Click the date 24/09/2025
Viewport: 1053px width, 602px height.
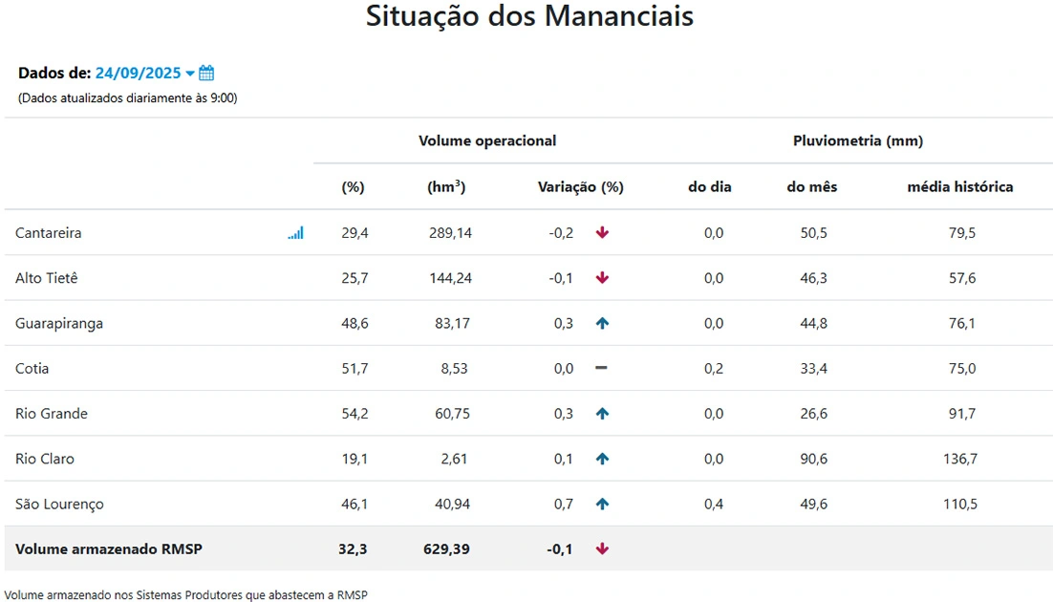(x=138, y=74)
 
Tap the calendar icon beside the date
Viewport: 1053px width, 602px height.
(x=206, y=74)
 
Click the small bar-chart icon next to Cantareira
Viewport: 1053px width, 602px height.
(x=295, y=233)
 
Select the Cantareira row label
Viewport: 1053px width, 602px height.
(x=49, y=233)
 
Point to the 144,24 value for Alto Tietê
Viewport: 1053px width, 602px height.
(x=450, y=278)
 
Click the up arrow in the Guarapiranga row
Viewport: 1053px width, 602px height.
(x=602, y=324)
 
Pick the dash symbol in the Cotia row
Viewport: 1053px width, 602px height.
(x=602, y=369)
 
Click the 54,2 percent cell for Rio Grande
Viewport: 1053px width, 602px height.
(x=355, y=414)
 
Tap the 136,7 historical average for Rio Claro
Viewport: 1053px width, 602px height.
(x=960, y=459)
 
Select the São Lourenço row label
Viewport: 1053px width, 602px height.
(x=59, y=504)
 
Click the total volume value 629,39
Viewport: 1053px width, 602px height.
(x=446, y=549)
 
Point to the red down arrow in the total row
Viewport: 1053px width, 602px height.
(x=602, y=549)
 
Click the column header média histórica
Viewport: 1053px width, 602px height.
(x=960, y=187)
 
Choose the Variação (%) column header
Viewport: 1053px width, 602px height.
(x=581, y=187)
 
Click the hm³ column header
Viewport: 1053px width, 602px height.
(x=446, y=187)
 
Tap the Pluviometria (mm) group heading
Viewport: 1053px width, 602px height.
(x=858, y=141)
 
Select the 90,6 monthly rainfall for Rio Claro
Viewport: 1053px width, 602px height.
(x=814, y=459)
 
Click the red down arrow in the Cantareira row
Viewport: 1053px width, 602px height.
(x=602, y=233)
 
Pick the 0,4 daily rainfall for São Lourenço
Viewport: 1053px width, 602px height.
(x=714, y=504)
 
